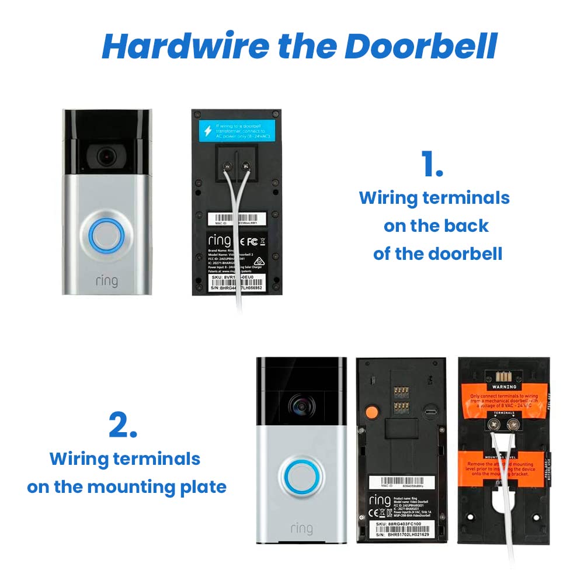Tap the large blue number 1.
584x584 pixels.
432,165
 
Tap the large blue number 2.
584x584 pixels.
123,426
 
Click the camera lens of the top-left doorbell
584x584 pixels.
105,155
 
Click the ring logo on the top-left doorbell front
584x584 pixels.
106,281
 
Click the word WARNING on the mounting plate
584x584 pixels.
504,387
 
